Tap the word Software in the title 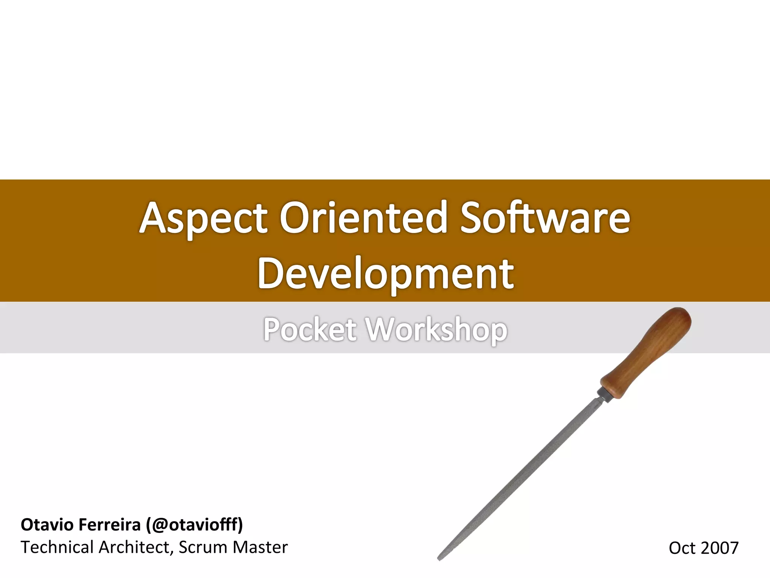(x=545, y=218)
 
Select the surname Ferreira (x=109, y=525)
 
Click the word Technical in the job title (x=57, y=547)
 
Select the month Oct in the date (x=682, y=548)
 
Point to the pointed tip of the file (x=440, y=558)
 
